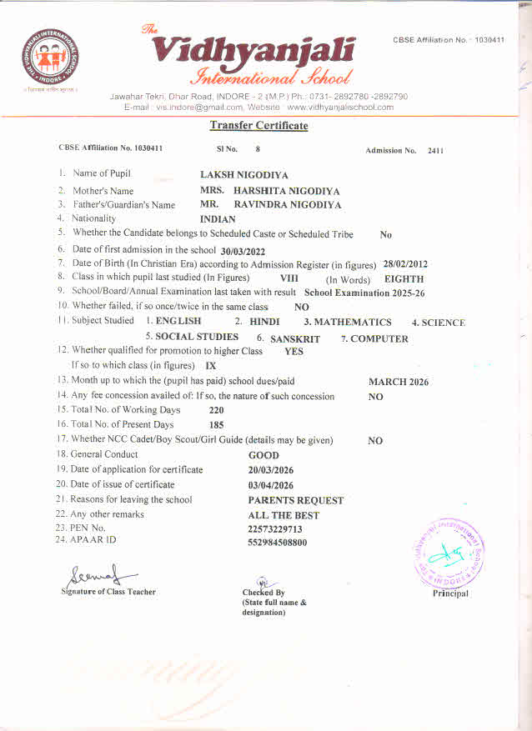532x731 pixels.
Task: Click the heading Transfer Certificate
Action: pos(258,126)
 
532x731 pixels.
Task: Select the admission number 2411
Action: pos(434,151)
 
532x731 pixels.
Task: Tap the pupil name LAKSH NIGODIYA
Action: pos(244,175)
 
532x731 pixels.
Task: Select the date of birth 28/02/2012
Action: pos(405,264)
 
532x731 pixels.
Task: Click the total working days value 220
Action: pos(216,411)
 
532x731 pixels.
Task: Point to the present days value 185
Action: pos(216,425)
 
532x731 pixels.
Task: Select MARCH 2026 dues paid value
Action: pos(399,382)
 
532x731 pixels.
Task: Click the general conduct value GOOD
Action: pos(263,455)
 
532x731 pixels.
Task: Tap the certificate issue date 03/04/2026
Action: pos(272,485)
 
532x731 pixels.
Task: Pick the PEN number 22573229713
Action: pos(275,529)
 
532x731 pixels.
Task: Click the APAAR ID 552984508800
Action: pos(278,543)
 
